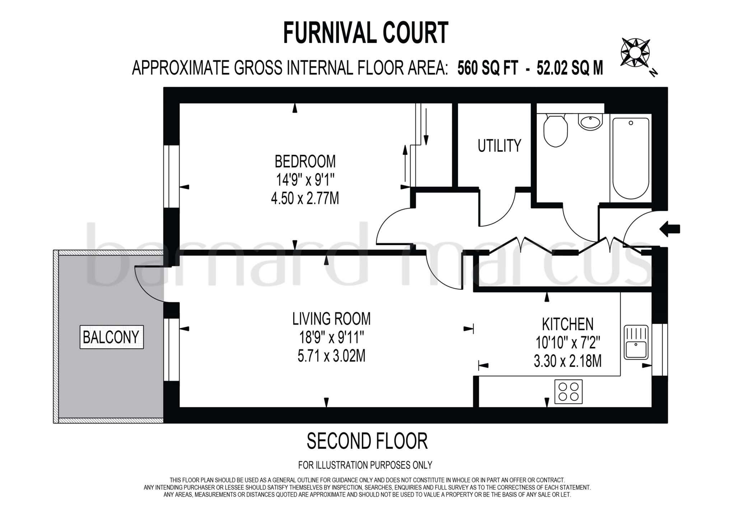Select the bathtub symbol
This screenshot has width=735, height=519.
pyautogui.click(x=631, y=158)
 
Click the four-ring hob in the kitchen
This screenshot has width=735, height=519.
pyautogui.click(x=568, y=392)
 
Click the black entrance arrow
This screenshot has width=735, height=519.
pyautogui.click(x=670, y=229)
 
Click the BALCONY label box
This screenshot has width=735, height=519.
pyautogui.click(x=111, y=337)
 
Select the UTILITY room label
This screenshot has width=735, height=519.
pyautogui.click(x=499, y=146)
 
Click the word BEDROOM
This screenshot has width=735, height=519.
pyautogui.click(x=305, y=162)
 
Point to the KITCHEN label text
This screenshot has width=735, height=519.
pyautogui.click(x=567, y=324)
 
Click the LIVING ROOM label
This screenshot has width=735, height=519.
pyautogui.click(x=331, y=319)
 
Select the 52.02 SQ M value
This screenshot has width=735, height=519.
pyautogui.click(x=570, y=68)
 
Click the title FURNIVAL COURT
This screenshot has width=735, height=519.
pyautogui.click(x=366, y=33)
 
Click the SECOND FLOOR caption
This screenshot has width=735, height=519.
pyautogui.click(x=367, y=441)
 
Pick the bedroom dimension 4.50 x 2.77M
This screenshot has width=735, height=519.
pyautogui.click(x=305, y=198)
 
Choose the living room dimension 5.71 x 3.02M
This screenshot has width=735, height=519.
pyautogui.click(x=331, y=356)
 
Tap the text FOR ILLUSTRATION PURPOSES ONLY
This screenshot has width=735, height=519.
pyautogui.click(x=365, y=465)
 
